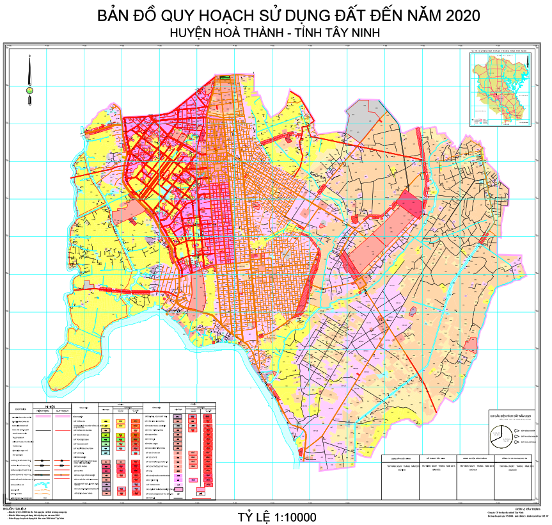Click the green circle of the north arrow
pos(29,90)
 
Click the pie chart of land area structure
pos(499,438)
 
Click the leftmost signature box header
pos(399,458)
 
